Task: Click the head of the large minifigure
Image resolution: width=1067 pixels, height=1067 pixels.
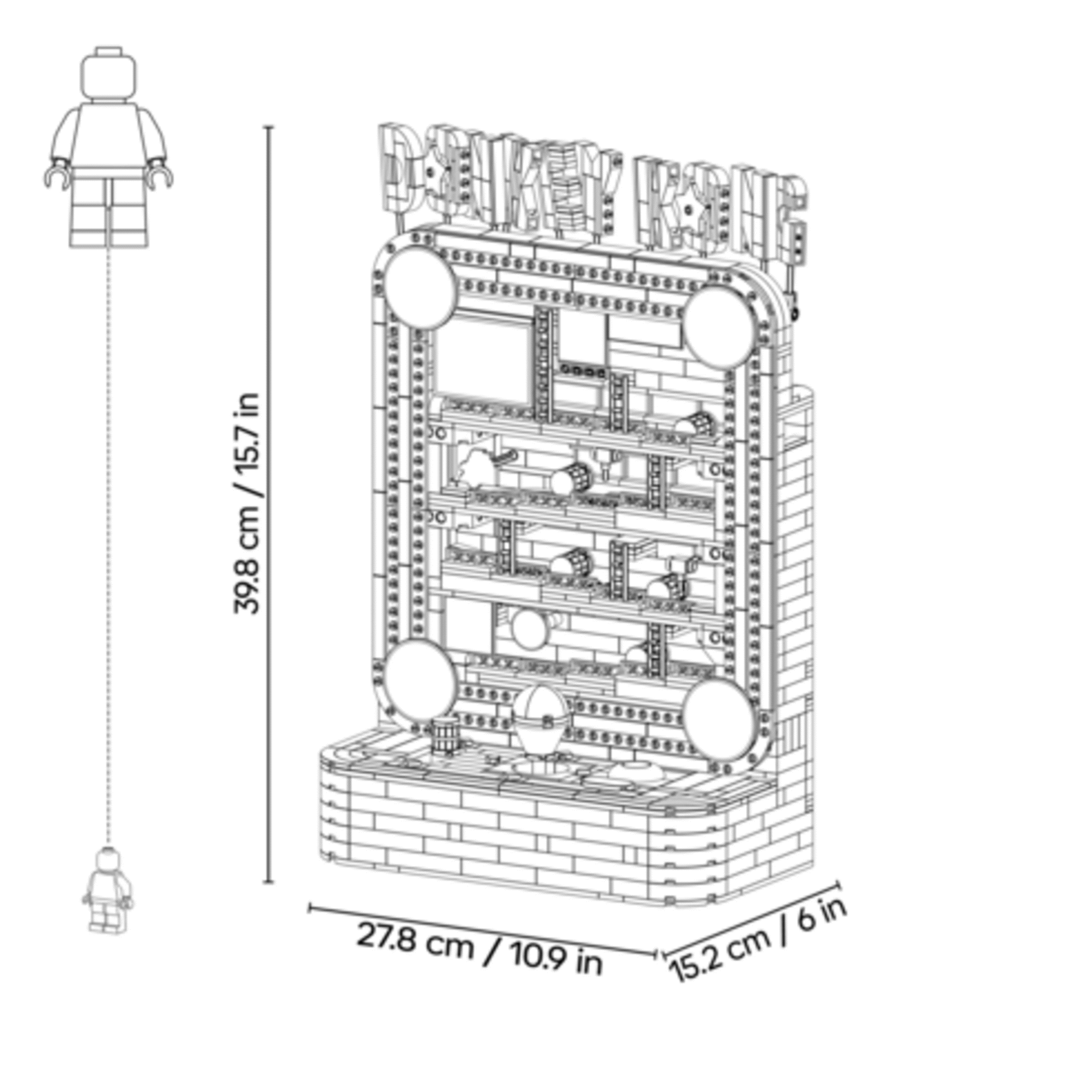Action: click(x=109, y=73)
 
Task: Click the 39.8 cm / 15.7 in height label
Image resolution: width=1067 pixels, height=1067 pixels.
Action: click(x=245, y=503)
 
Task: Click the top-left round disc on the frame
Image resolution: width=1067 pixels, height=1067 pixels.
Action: click(x=421, y=288)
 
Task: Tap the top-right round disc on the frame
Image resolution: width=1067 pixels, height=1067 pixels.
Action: click(x=719, y=327)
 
